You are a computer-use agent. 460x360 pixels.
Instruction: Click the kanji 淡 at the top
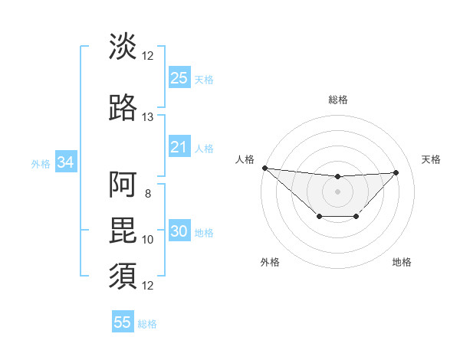[x=123, y=46]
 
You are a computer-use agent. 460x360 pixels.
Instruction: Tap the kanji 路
[x=123, y=108]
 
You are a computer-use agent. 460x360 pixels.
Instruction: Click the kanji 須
[x=123, y=275]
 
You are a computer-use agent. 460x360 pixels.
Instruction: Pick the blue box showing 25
[x=179, y=78]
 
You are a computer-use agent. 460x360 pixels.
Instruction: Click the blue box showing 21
[x=179, y=147]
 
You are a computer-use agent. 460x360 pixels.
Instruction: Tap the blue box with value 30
[x=179, y=232]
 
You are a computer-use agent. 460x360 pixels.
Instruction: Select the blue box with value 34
[x=65, y=162]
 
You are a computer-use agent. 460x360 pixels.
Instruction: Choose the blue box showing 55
[x=123, y=322]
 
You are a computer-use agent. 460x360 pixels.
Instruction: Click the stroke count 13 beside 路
[x=147, y=117]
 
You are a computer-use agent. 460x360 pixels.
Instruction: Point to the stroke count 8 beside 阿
[x=147, y=193]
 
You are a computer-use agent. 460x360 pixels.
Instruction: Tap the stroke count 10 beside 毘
[x=147, y=240]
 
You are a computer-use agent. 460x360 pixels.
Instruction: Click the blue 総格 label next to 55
[x=147, y=324]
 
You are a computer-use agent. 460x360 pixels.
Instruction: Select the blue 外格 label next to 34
[x=41, y=163]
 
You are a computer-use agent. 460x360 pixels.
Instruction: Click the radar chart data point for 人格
[x=264, y=167]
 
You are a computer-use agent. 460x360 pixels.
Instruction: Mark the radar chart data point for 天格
[x=396, y=172]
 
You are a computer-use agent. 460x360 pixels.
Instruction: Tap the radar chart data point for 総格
[x=337, y=178]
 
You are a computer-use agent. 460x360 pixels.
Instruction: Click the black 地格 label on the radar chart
[x=402, y=263]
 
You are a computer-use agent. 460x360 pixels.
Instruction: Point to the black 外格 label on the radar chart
[x=270, y=263]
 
